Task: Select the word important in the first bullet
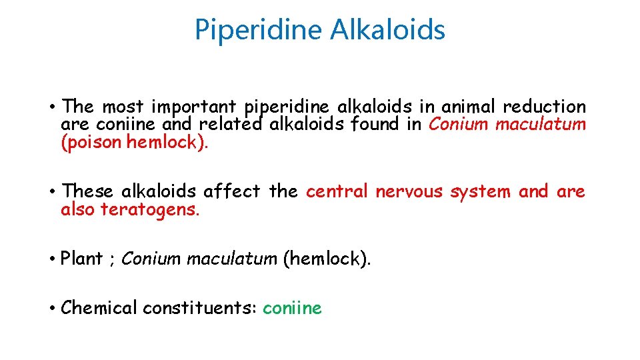coord(193,107)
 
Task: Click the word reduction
coord(545,107)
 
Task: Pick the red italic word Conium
coord(457,124)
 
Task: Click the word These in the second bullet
coord(89,192)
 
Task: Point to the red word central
coord(337,192)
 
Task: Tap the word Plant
coord(81,259)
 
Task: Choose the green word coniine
coord(292,308)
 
